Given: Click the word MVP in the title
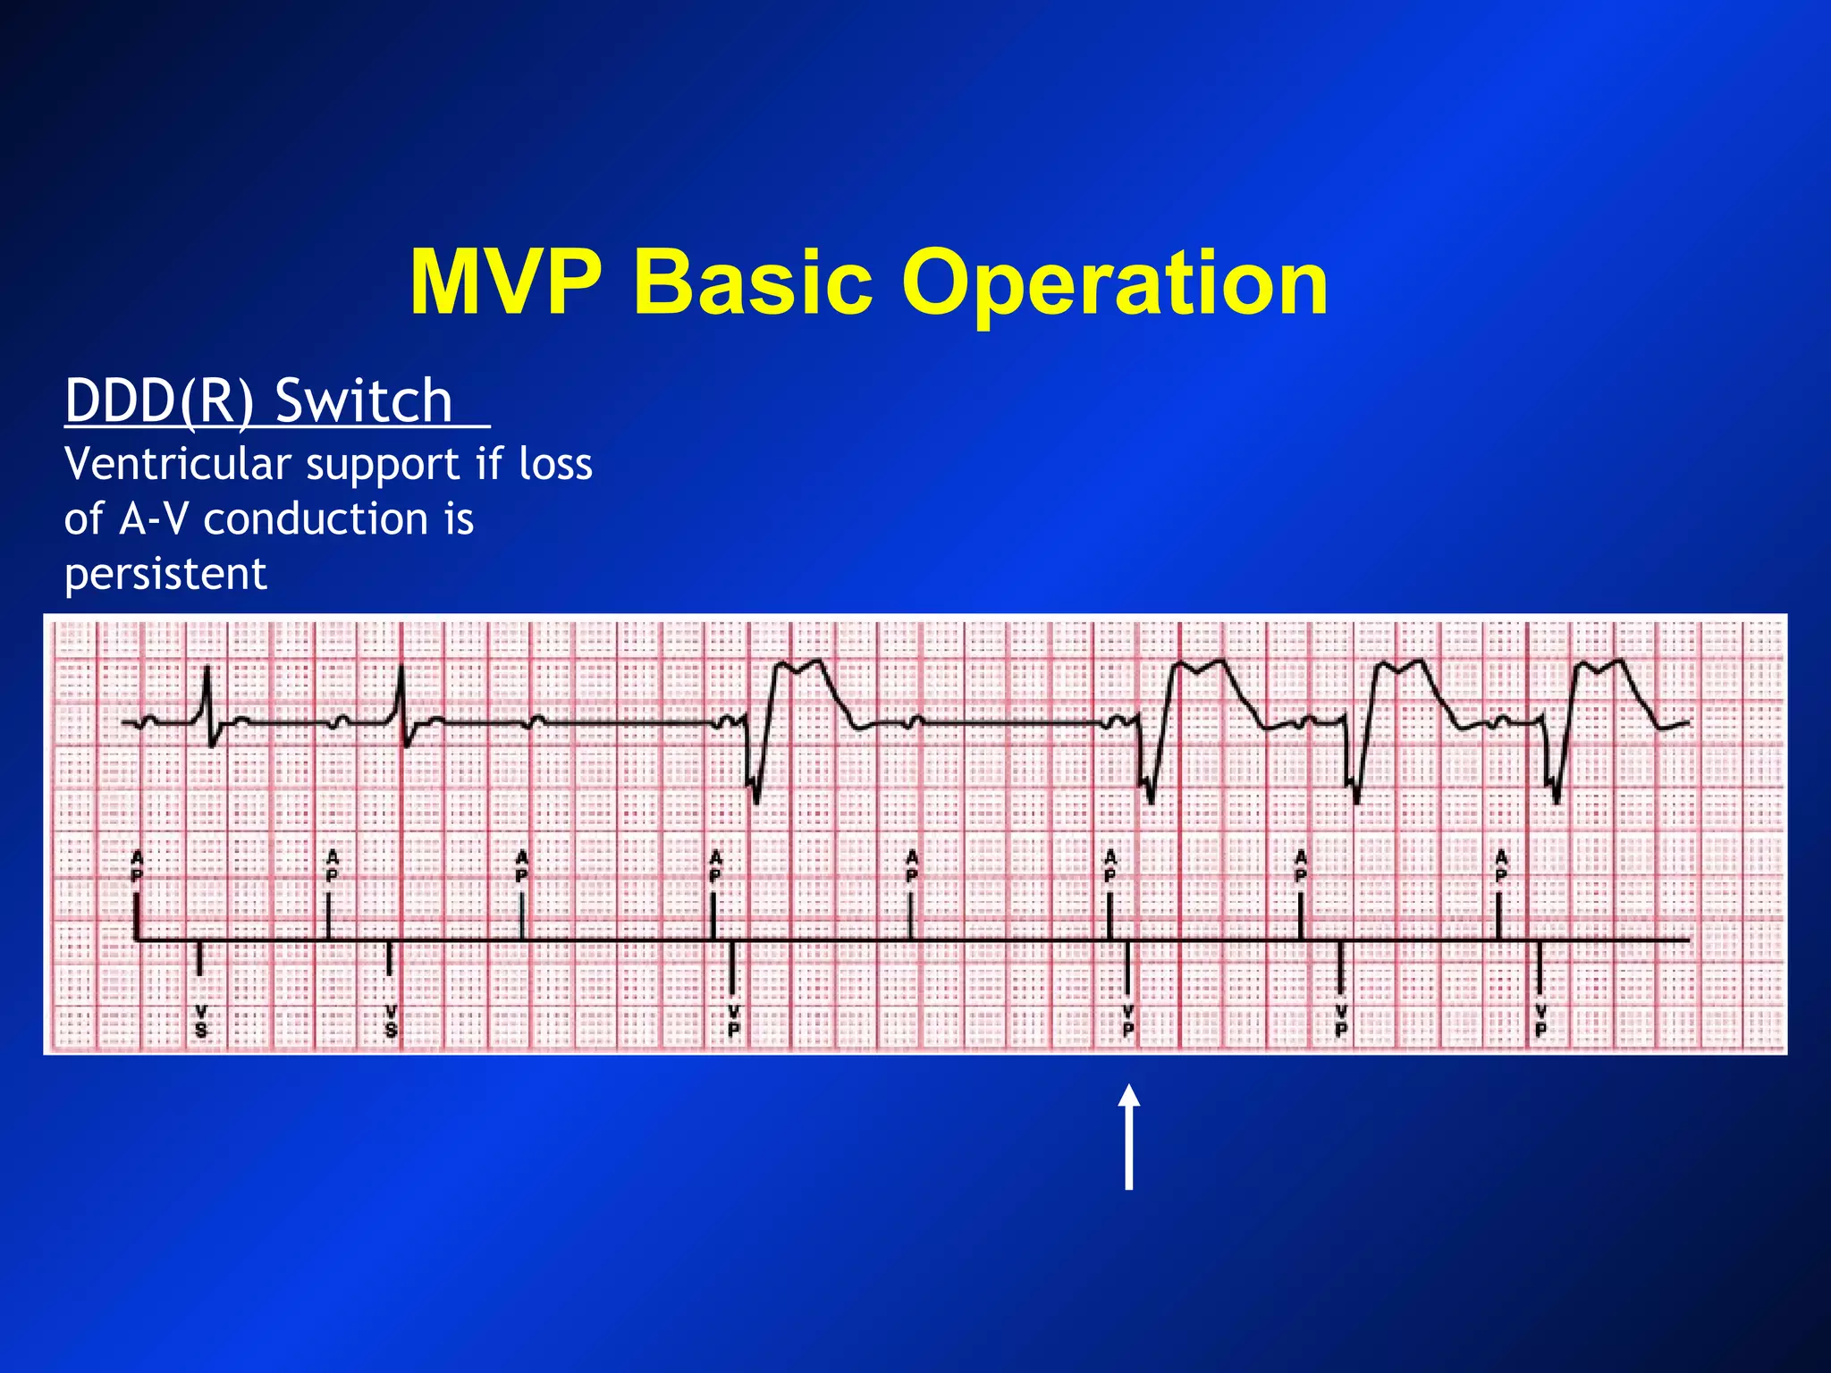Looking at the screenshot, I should coord(505,282).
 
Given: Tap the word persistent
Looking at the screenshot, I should coord(165,574).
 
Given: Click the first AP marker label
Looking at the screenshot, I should coord(137,866).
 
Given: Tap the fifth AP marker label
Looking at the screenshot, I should coord(911,866).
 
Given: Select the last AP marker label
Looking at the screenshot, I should coord(1501,866).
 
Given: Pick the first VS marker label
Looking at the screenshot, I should coord(200,1021).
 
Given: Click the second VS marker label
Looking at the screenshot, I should coord(391,1021).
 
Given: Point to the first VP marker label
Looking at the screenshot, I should coord(733,1021).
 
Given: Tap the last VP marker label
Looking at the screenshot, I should coord(1540,1021).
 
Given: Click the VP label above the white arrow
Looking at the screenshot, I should coord(1128,1021).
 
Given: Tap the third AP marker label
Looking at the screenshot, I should coord(522,866).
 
